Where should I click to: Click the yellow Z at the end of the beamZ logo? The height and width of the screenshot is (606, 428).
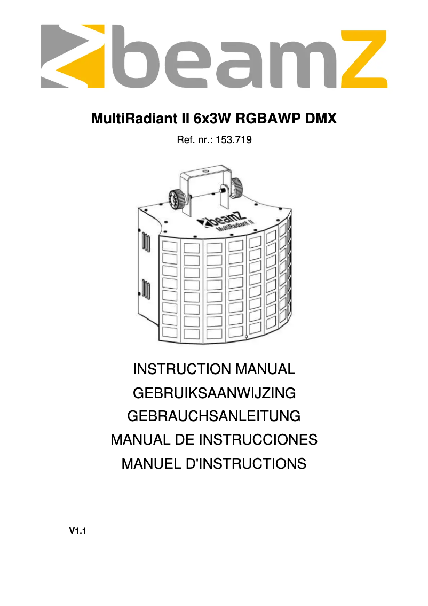click(363, 59)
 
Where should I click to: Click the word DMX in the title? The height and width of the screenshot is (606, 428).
click(320, 118)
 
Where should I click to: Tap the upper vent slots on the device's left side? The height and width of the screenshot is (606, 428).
click(144, 240)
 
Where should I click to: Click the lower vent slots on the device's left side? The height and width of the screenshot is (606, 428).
click(144, 288)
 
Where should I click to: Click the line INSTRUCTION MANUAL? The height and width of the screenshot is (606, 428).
click(213, 369)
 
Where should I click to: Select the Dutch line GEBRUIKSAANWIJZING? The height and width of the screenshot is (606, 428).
click(213, 393)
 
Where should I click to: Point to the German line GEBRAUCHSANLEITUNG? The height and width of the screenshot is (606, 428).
click(213, 416)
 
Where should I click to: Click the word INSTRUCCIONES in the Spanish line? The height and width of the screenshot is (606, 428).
click(258, 440)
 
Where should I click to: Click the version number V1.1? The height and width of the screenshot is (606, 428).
click(78, 532)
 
